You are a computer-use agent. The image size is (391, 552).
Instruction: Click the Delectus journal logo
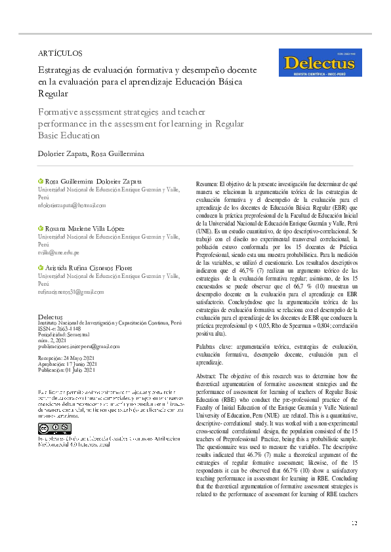tap(321, 63)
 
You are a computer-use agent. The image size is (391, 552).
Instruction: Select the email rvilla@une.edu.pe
tap(58, 252)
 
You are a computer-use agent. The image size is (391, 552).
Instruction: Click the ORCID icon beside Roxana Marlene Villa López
tap(40, 228)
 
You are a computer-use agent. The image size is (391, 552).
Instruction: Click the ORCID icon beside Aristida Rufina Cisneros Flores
tap(40, 267)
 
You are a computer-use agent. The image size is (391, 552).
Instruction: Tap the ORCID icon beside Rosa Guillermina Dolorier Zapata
tap(40, 181)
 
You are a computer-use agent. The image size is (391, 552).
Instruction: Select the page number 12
tap(354, 522)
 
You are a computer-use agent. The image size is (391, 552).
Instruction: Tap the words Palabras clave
tap(216, 345)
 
